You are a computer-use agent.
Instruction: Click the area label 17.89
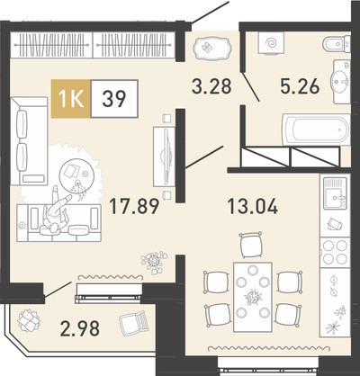click(x=134, y=207)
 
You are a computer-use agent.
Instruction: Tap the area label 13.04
click(x=253, y=207)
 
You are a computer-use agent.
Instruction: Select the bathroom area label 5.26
click(x=300, y=86)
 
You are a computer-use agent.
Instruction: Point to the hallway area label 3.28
click(x=211, y=86)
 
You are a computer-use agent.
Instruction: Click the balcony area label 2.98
click(x=80, y=328)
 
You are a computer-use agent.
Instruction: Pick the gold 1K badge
click(x=71, y=99)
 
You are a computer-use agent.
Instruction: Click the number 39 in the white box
click(x=114, y=99)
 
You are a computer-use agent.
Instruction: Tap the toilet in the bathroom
click(x=337, y=44)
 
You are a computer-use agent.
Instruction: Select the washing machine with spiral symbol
click(x=272, y=43)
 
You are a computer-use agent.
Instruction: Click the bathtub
click(x=316, y=130)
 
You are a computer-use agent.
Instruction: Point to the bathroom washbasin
click(x=341, y=81)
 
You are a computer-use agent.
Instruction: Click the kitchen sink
click(x=335, y=193)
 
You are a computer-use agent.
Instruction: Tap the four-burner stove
click(x=335, y=252)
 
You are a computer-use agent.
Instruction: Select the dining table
click(x=253, y=297)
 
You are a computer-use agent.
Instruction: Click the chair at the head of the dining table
click(x=251, y=245)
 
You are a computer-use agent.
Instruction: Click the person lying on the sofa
click(x=56, y=210)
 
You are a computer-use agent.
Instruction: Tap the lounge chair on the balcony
click(x=134, y=322)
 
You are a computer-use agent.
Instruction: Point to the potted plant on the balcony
click(x=29, y=320)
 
